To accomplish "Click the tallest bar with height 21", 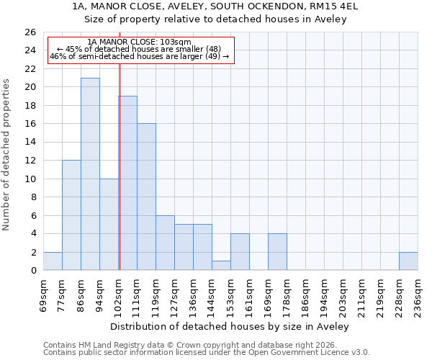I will click(90, 174).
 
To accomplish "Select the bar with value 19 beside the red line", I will click(128, 183).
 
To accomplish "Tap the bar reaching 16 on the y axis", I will click(146, 197).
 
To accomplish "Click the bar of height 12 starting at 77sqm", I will click(71, 215).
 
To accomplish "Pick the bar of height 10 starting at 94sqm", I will click(109, 225).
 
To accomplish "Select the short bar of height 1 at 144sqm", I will click(221, 266).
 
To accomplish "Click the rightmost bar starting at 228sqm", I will click(408, 261).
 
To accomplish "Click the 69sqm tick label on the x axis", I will click(44, 295).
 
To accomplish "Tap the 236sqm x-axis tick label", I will click(418, 295).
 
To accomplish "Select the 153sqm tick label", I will click(231, 295).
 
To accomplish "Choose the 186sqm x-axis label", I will click(306, 295).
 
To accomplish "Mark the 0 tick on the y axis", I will click(33, 271).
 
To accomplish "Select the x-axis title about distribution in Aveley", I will click(230, 326).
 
